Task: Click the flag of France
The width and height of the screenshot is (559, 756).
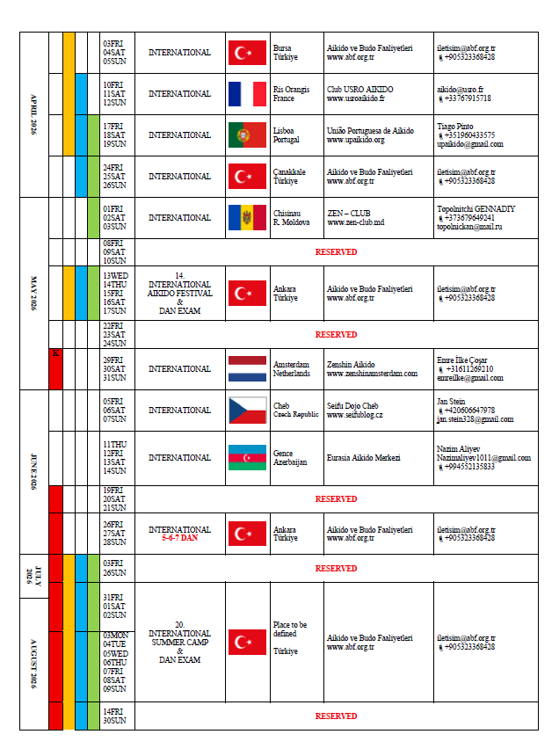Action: pos(247,94)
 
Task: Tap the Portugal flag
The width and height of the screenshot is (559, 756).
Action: pos(247,135)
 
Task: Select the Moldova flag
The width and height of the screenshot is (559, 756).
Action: pos(247,218)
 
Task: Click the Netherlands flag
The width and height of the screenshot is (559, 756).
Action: pos(247,369)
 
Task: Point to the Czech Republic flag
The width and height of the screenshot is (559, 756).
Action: pos(247,411)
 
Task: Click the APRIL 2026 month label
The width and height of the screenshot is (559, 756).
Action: pos(34,115)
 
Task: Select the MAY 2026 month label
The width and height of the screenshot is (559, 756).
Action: pos(34,294)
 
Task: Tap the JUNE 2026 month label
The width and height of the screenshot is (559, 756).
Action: pos(34,472)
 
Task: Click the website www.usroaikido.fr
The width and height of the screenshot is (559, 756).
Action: pos(358,98)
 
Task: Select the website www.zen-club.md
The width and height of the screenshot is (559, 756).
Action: pos(355,222)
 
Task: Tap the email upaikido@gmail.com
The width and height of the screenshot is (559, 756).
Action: pos(469,144)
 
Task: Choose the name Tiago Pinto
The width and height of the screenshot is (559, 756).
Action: pos(455,127)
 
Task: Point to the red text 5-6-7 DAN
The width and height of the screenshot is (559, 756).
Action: pos(179,538)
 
